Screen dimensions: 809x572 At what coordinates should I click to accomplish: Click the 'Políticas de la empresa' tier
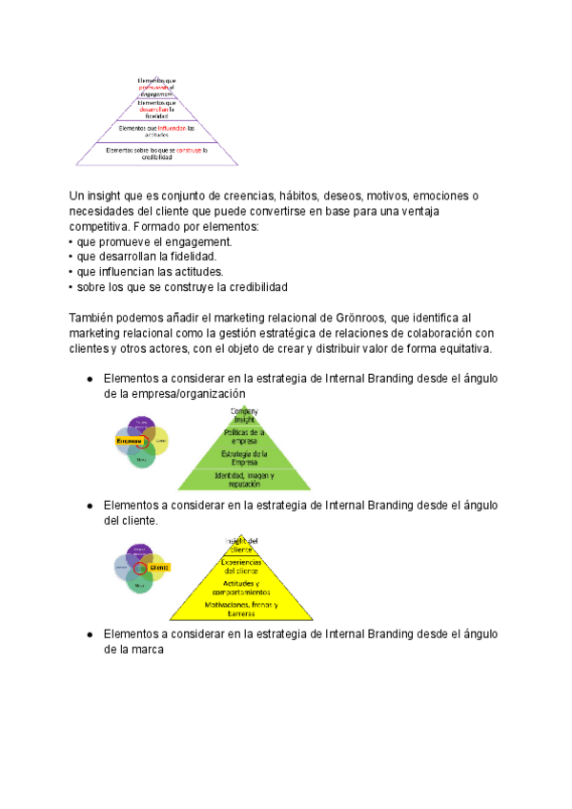tap(245, 436)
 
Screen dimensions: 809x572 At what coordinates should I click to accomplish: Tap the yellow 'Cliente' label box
tap(158, 568)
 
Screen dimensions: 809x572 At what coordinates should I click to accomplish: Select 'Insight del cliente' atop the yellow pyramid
tap(241, 544)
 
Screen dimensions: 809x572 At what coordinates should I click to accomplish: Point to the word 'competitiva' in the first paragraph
tap(99, 227)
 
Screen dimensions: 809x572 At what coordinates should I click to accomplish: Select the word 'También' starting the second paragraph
tap(92, 317)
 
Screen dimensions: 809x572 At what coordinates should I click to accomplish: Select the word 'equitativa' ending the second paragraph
tap(459, 347)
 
